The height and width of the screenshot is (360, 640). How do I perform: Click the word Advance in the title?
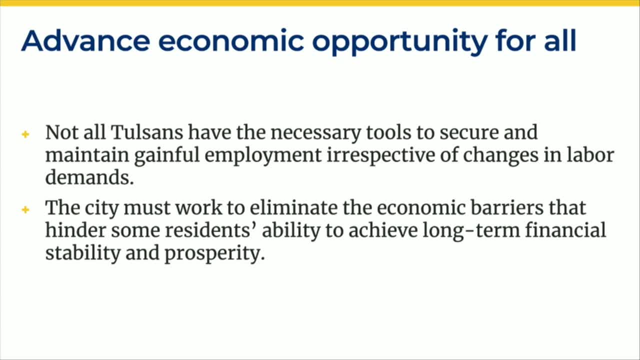click(85, 41)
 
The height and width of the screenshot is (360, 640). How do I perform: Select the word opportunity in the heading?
click(399, 42)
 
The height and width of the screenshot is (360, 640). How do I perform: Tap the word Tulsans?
click(147, 132)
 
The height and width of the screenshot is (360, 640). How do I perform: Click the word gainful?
click(166, 156)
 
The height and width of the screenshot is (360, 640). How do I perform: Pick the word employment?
click(263, 156)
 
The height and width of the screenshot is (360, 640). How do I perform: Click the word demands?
click(89, 177)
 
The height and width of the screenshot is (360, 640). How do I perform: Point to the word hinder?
click(75, 230)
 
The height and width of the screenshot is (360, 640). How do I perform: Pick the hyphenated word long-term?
click(471, 231)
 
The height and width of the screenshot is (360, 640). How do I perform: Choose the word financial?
click(565, 230)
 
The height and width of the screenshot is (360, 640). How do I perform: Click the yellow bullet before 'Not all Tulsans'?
click(25, 134)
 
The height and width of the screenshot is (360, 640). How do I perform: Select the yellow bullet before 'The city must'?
click(25, 209)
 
